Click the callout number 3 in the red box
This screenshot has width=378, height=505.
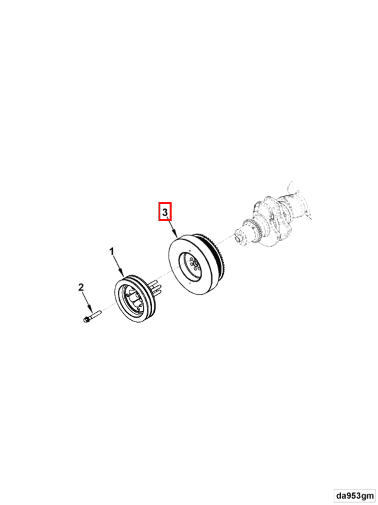click(165, 212)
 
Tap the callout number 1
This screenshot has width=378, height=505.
click(111, 251)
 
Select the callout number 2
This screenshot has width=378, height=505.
click(81, 287)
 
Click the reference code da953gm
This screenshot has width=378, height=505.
click(355, 495)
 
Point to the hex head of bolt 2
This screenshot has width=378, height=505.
click(86, 320)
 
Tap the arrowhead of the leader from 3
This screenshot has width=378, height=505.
click(176, 236)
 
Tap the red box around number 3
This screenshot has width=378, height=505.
click(165, 212)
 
